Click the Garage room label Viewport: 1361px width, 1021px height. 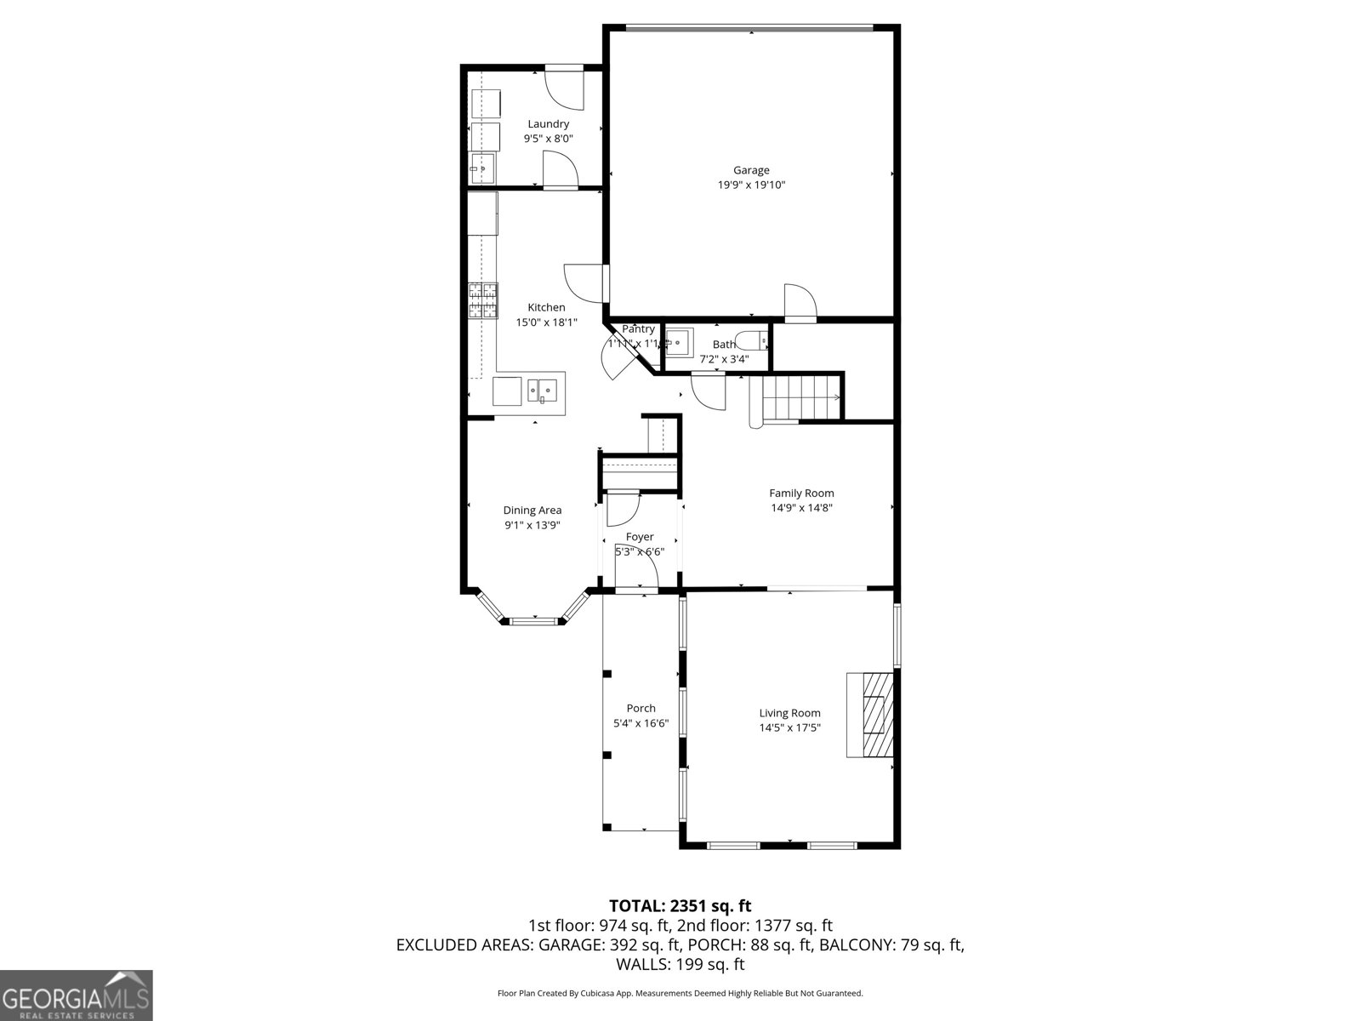pyautogui.click(x=751, y=170)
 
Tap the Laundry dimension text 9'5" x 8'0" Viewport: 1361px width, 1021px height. pyautogui.click(x=548, y=138)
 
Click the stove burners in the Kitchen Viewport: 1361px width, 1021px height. pyautogui.click(x=483, y=301)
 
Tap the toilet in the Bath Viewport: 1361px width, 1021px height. pyautogui.click(x=751, y=341)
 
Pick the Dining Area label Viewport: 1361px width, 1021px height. pyautogui.click(x=532, y=510)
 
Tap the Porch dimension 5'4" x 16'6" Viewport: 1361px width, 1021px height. pyautogui.click(x=641, y=723)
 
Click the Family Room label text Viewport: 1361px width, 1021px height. pyautogui.click(x=801, y=493)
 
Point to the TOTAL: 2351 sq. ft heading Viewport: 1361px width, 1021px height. pyautogui.click(x=680, y=905)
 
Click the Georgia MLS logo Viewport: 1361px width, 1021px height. pyautogui.click(x=77, y=995)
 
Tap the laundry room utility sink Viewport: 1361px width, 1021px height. pyautogui.click(x=483, y=168)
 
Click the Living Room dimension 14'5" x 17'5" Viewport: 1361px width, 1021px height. pyautogui.click(x=789, y=728)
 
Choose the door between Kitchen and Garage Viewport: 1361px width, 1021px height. pyautogui.click(x=585, y=280)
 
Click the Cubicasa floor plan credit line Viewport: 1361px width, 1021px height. pyautogui.click(x=680, y=993)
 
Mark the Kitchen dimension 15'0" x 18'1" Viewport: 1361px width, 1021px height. pyautogui.click(x=546, y=322)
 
